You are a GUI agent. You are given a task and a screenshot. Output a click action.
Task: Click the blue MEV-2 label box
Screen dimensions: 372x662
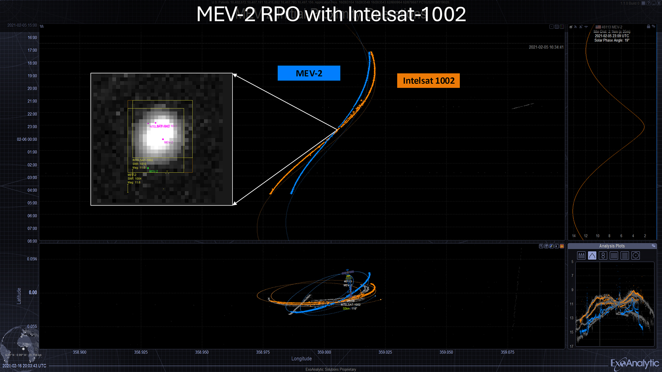coord(309,73)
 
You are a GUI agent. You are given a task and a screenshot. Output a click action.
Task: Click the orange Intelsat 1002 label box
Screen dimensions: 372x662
coord(428,81)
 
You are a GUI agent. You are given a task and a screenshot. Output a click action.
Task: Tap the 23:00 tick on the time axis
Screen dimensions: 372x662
coord(32,127)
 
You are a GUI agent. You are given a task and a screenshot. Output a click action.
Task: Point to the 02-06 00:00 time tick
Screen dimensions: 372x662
coord(27,139)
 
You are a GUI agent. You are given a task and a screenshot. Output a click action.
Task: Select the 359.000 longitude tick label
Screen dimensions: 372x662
coord(324,352)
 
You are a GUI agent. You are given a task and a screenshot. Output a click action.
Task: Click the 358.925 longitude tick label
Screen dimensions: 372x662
coord(141,352)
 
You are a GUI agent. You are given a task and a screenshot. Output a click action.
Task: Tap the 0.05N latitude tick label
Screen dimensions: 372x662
coord(32,259)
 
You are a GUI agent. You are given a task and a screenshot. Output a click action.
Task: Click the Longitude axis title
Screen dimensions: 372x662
coord(301,359)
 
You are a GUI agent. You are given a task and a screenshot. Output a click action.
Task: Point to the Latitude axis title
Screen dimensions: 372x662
coord(19,296)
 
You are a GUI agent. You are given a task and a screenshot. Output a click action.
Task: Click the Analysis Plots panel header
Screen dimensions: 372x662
coord(612,246)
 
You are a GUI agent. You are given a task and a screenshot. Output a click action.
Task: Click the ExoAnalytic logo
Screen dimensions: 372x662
coord(634,363)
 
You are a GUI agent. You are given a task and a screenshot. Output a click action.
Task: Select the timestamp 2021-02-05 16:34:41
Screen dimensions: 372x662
coord(546,47)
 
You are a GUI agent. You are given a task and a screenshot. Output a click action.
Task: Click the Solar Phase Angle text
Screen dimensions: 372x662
coord(612,40)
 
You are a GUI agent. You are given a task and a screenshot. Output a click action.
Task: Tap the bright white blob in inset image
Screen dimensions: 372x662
coord(159,135)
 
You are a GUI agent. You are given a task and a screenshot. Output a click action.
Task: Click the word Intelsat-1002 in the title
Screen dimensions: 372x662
coord(407,14)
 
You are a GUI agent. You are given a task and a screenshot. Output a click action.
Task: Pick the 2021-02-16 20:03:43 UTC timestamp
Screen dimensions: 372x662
coord(24,366)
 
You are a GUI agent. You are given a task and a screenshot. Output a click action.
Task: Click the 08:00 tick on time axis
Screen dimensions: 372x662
coord(32,241)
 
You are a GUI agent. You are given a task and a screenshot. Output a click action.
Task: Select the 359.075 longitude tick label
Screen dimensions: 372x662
coord(507,352)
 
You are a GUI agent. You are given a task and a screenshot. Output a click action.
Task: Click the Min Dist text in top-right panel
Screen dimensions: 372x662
coord(612,32)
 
